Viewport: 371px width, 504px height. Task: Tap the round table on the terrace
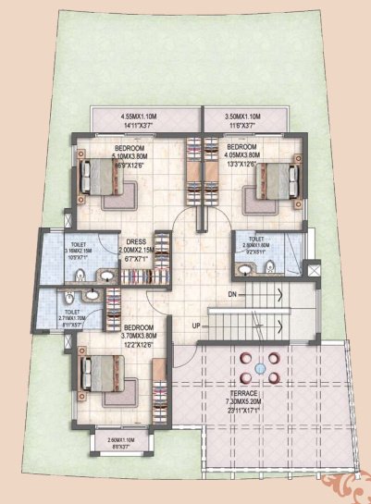tap(261, 368)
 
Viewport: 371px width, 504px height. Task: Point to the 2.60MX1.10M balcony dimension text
tap(120, 440)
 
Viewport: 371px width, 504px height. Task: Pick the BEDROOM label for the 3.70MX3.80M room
tap(136, 327)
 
